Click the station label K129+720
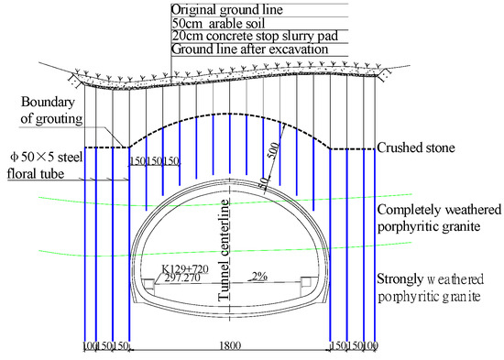tap(185, 269)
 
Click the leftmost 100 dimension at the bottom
tap(90, 348)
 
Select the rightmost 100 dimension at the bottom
tap(370, 348)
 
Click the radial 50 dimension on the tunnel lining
tap(266, 182)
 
